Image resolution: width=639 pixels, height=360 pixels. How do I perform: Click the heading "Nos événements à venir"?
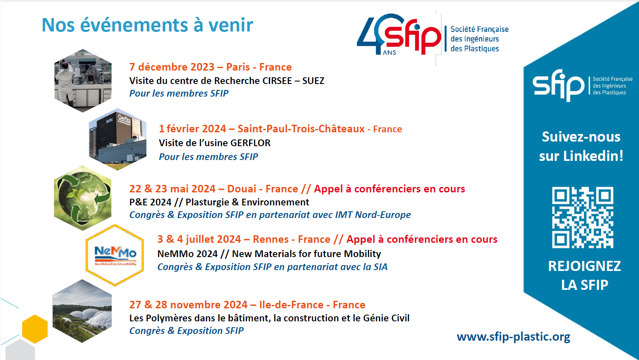[147, 25]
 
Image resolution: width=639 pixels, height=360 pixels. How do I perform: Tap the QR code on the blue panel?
[582, 217]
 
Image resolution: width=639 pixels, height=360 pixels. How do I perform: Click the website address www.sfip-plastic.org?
[513, 337]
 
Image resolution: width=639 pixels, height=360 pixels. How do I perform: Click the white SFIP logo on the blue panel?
[558, 85]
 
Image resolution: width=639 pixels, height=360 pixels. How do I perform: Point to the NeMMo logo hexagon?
[115, 255]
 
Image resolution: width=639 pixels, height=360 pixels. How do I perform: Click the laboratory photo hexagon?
[83, 81]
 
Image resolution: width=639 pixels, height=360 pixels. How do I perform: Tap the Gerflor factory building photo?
[118, 139]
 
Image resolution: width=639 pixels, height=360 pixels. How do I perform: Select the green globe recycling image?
[83, 198]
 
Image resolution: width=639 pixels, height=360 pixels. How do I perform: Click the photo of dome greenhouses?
[82, 311]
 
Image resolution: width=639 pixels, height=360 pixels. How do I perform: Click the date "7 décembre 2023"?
[172, 67]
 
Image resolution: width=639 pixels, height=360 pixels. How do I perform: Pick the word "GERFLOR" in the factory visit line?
[250, 143]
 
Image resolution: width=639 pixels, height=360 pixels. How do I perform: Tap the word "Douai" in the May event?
[242, 189]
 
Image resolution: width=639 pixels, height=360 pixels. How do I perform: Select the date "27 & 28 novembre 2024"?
[188, 305]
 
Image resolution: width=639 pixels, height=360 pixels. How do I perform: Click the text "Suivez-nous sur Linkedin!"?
[581, 146]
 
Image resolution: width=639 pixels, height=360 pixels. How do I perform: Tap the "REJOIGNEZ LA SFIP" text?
[584, 275]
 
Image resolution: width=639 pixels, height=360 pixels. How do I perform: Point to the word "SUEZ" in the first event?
[313, 81]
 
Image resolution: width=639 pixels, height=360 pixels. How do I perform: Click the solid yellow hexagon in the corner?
[34, 328]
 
